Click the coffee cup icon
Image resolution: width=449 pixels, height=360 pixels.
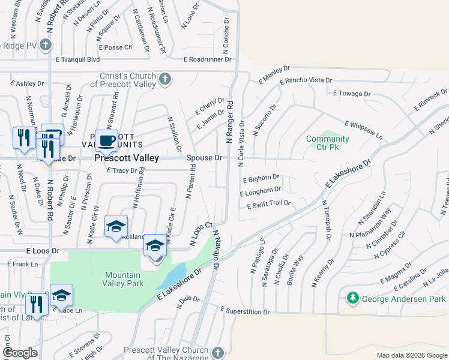107,141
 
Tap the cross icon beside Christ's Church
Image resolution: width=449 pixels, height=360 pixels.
165,79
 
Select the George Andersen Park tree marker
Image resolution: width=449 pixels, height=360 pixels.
353,298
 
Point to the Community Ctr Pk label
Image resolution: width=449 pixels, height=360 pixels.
328,143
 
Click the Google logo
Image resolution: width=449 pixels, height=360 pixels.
19,353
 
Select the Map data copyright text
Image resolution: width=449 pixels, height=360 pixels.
411,355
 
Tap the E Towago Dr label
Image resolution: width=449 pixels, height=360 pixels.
352,94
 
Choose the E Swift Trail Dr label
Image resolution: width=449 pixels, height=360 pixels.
269,204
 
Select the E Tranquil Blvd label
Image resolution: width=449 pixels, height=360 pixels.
77,59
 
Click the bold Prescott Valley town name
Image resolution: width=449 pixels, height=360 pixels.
127,158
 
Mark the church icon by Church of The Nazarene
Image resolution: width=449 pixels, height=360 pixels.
217,352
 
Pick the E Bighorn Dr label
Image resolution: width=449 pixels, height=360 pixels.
261,178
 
